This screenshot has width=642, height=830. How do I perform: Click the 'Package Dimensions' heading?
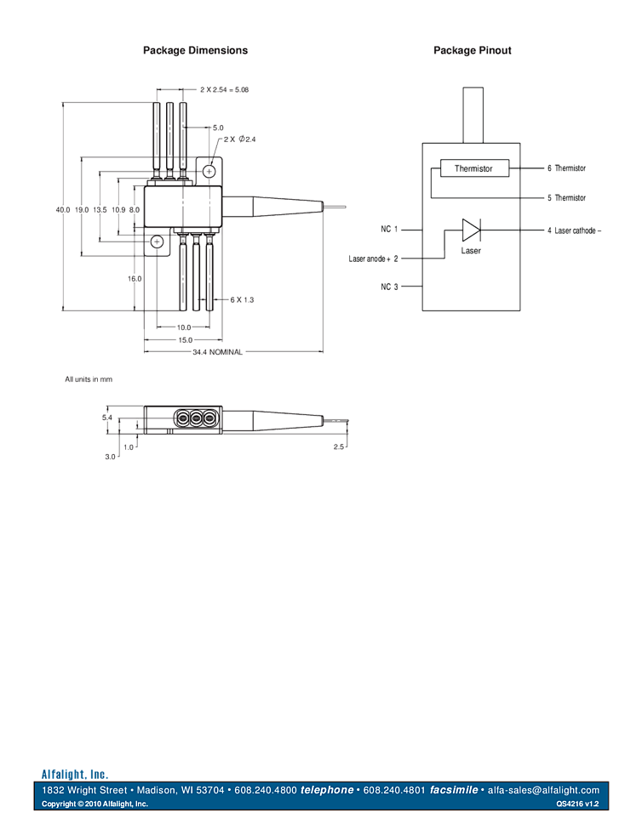click(195, 51)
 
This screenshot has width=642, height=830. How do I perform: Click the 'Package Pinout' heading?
click(473, 51)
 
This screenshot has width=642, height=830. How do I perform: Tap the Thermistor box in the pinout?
click(473, 168)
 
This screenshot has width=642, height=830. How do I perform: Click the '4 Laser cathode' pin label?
click(574, 230)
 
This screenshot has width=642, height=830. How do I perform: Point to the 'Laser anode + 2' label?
click(374, 258)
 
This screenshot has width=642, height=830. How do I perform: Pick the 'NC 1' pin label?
click(390, 229)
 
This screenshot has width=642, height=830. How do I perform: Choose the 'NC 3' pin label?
click(390, 287)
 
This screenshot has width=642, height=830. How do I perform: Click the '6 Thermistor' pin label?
click(566, 168)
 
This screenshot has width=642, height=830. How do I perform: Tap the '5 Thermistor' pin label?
click(566, 198)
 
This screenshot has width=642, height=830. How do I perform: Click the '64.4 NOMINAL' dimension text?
click(216, 351)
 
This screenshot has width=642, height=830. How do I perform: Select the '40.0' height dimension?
click(61, 209)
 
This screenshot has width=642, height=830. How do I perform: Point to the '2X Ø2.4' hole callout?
click(240, 139)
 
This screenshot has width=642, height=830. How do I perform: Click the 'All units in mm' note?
click(89, 379)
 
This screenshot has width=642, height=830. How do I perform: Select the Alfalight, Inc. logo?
click(75, 774)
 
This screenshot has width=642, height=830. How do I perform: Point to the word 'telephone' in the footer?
click(327, 790)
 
